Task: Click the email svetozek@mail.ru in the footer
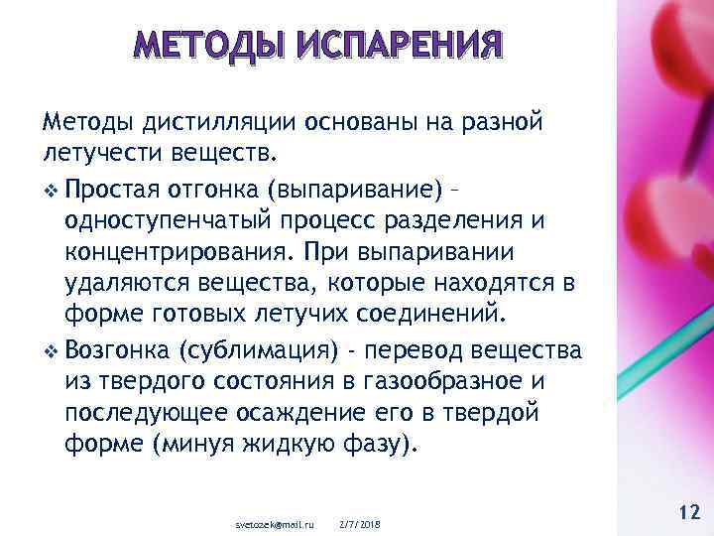point(273,524)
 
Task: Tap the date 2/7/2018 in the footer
point(359,524)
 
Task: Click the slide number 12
point(687,512)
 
